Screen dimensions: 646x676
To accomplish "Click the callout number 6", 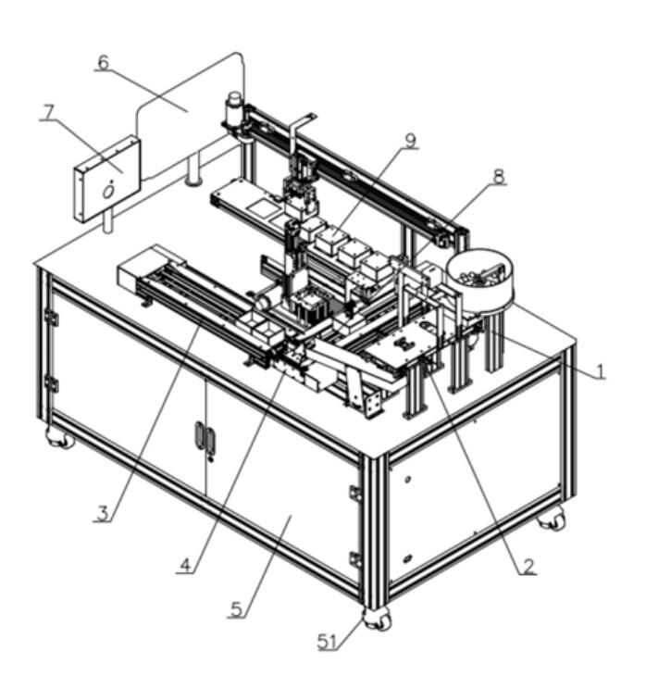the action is coord(104,63).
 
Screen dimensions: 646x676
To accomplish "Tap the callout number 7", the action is coord(48,112).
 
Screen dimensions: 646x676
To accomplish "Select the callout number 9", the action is coord(410,141).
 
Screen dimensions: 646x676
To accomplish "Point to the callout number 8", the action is coord(499,177).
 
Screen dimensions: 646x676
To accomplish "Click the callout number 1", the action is coord(599,370).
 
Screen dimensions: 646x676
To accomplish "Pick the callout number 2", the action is coord(528,565).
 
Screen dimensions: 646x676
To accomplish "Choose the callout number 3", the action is coord(103,513).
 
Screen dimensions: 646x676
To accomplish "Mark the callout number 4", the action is coord(185,564).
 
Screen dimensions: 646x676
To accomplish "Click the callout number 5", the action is coord(237,609).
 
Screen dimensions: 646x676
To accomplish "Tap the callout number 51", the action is coord(327,642).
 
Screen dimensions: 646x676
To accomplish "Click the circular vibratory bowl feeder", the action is coord(480,276).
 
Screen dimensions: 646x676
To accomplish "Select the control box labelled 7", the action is coord(106,179).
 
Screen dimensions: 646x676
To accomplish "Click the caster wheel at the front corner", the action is coord(378,620).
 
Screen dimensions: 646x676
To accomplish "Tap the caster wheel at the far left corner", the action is coord(60,438).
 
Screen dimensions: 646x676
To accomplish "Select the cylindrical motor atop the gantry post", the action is coord(233,106).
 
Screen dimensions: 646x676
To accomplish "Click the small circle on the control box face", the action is coord(108,190).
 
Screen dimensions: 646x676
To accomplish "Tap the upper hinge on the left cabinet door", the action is coord(52,318).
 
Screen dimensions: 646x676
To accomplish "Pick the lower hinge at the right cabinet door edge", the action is coord(354,559).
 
